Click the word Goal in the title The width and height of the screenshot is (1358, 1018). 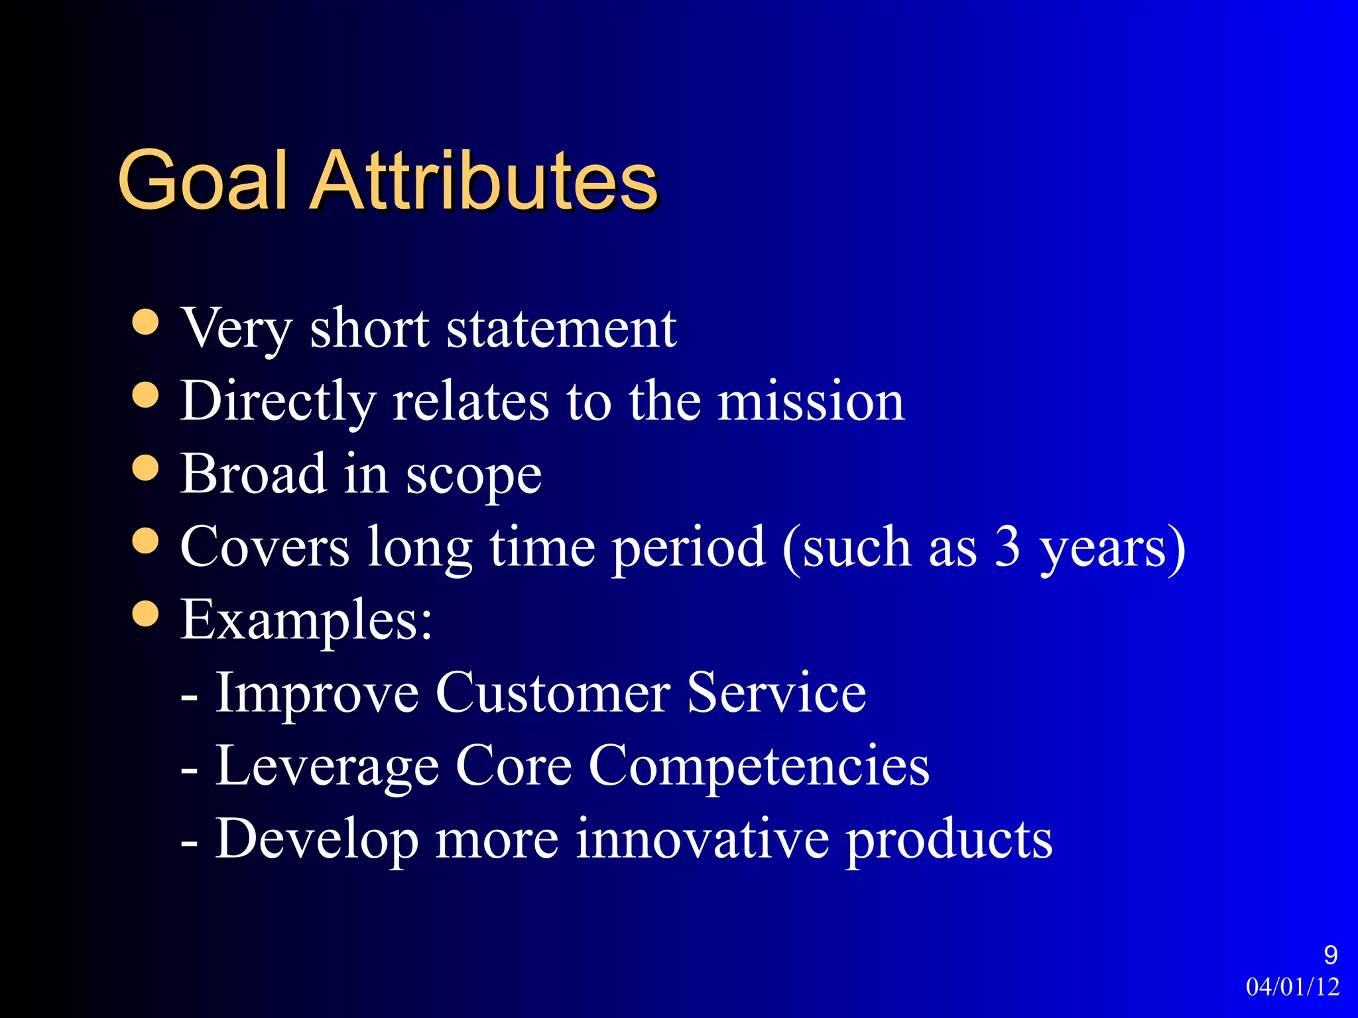coord(203,180)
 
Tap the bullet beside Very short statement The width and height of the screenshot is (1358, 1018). coord(145,323)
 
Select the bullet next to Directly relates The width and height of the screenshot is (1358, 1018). coord(145,396)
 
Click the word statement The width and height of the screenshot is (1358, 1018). coord(561,329)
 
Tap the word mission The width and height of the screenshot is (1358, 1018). coord(811,402)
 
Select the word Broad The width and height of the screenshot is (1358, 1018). coord(253,474)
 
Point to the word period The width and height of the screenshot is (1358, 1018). coord(688,548)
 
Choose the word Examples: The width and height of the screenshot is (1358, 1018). coord(306,620)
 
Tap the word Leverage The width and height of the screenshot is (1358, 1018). coord(328,766)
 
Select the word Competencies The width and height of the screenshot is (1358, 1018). coord(759,766)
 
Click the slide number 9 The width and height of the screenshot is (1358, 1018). coord(1330,955)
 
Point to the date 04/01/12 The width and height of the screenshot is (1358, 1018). coord(1292,987)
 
